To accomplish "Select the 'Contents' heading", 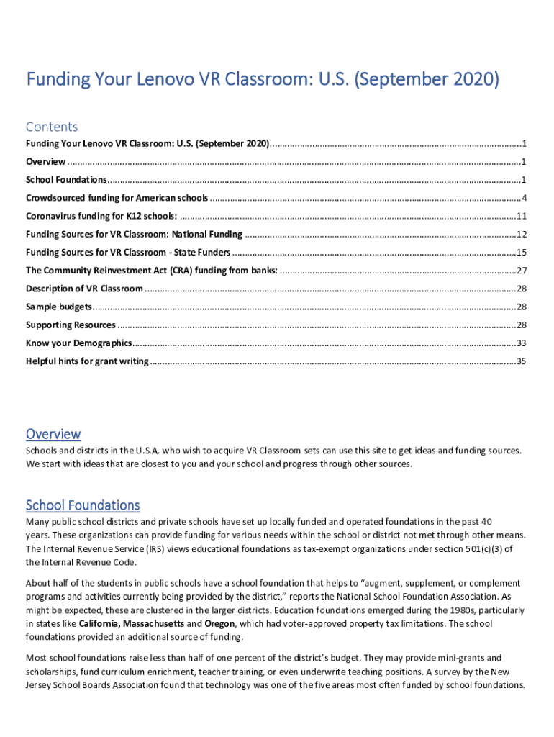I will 52,127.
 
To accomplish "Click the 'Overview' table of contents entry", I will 46,161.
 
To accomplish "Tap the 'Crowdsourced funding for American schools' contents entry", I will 117,198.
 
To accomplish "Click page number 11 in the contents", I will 522,216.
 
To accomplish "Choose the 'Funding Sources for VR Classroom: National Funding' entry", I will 134,234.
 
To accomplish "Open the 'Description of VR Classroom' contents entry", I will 84,289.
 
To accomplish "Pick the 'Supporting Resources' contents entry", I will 71,325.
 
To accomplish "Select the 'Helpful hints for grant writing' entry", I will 87,361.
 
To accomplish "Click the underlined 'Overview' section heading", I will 53,434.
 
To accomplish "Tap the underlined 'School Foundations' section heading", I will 83,505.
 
